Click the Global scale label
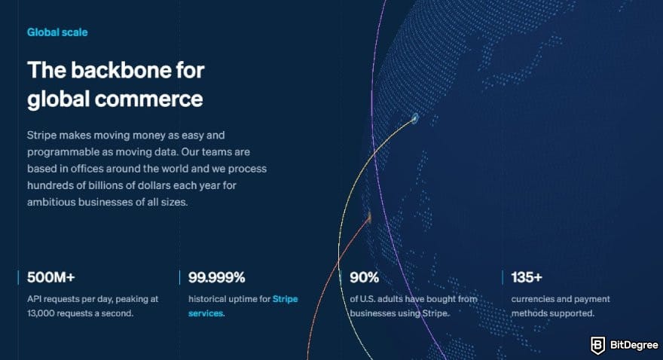pyautogui.click(x=57, y=32)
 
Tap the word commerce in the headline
pyautogui.click(x=148, y=99)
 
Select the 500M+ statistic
pyautogui.click(x=50, y=277)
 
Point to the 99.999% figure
pyautogui.click(x=216, y=277)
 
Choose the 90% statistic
pyautogui.click(x=364, y=277)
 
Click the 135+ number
pyautogui.click(x=527, y=277)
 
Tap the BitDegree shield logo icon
pyautogui.click(x=597, y=345)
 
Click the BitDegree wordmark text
pyautogui.click(x=634, y=345)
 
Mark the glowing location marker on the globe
pyautogui.click(x=415, y=118)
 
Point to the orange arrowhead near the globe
pyautogui.click(x=369, y=217)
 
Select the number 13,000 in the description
pyautogui.click(x=41, y=313)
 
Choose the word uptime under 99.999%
pyautogui.click(x=243, y=299)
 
